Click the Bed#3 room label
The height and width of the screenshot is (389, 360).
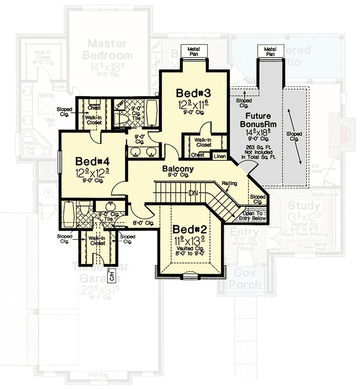(193, 93)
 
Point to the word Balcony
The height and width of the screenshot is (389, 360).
(177, 169)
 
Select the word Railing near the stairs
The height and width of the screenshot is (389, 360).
(229, 183)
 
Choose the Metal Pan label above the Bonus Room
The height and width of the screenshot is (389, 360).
(270, 50)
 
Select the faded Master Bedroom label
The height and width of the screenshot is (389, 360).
(110, 49)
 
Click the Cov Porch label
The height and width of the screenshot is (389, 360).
(244, 278)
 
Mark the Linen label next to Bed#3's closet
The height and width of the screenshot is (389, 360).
(220, 155)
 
